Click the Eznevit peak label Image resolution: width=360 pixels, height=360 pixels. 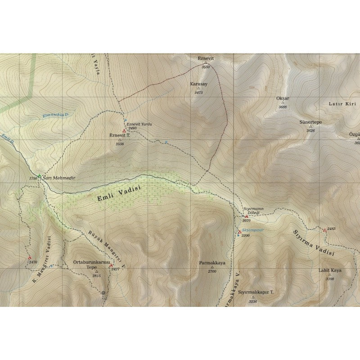tap(206, 58)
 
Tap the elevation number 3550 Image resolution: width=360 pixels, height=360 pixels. tap(206, 67)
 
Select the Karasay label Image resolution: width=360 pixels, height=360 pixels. tap(198, 84)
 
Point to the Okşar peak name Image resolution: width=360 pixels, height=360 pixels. tap(283, 98)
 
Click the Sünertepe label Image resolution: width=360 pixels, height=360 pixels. tap(310, 122)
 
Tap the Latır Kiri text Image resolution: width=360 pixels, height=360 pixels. tap(342, 103)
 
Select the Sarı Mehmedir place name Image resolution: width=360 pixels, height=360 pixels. tap(58, 178)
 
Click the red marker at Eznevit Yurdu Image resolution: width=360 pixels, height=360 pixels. tap(124, 131)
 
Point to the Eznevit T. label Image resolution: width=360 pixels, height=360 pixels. tap(119, 135)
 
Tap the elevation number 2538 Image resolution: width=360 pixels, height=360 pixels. tap(119, 144)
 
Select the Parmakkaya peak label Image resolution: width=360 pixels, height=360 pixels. tap(212, 262)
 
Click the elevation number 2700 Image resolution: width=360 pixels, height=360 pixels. tap(212, 271)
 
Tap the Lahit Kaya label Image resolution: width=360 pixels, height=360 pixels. tap(330, 270)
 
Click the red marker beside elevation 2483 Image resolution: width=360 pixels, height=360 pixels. tap(324, 230)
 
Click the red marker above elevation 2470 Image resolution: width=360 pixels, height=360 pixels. tap(30, 258)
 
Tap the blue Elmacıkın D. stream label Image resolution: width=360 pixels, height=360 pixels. tap(55, 115)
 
